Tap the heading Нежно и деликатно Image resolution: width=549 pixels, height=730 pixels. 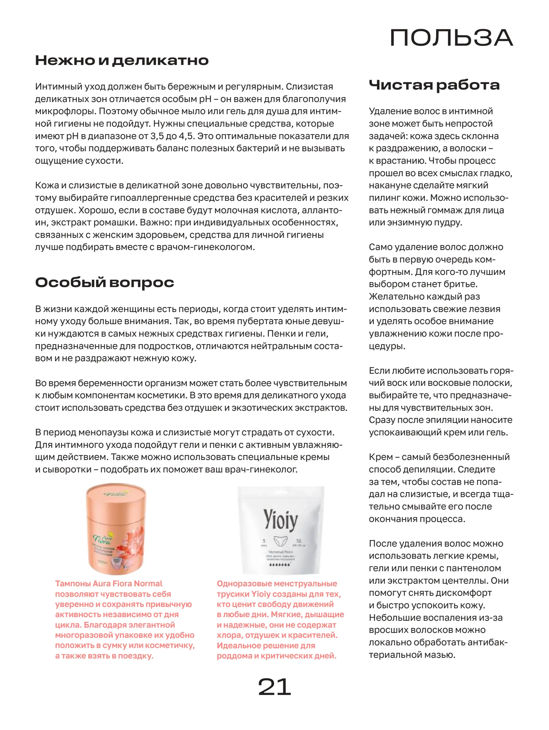(122, 60)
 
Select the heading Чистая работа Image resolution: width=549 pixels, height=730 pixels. (434, 85)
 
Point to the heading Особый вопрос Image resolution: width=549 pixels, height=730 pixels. (104, 282)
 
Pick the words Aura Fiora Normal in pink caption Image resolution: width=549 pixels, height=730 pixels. (127, 583)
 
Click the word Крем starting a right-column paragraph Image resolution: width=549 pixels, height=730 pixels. (380, 457)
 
